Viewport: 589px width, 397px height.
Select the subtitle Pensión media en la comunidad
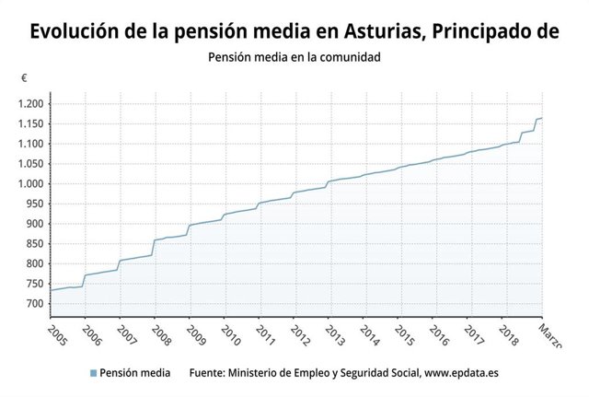[294, 57]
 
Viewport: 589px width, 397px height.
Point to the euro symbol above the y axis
[24, 78]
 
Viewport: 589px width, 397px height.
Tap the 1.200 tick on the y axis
[30, 103]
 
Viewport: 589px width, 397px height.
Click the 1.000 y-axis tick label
[30, 183]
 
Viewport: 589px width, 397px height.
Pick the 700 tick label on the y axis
[35, 304]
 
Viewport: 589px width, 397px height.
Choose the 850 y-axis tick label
[35, 244]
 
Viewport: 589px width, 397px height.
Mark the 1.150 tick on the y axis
[30, 123]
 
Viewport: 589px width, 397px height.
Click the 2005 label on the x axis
[57, 333]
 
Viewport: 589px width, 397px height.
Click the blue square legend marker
[93, 374]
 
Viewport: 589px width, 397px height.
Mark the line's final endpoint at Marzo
[542, 118]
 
